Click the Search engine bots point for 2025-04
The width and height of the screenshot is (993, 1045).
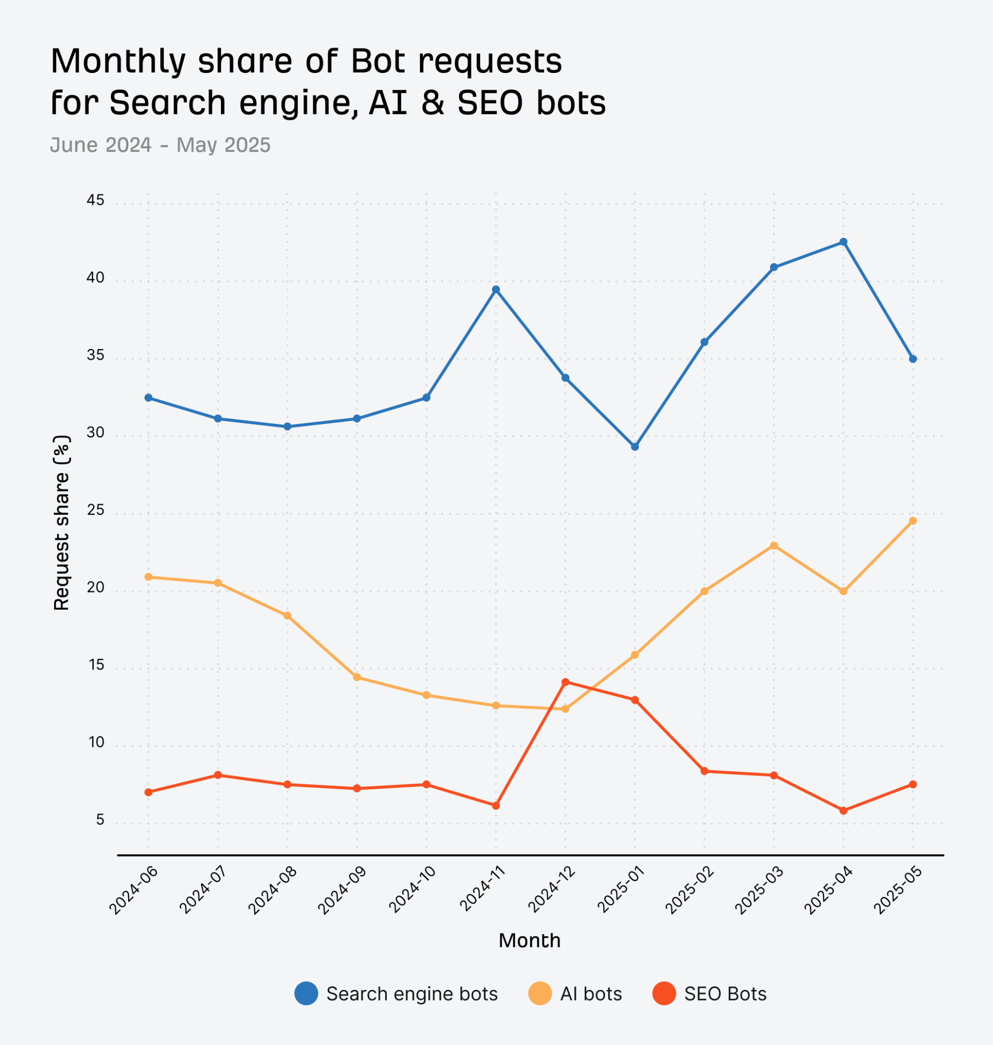pyautogui.click(x=843, y=242)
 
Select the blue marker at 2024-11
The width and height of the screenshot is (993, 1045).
pyautogui.click(x=495, y=290)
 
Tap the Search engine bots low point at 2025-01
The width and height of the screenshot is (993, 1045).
pyautogui.click(x=635, y=447)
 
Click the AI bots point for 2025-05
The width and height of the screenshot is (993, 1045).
pyautogui.click(x=912, y=521)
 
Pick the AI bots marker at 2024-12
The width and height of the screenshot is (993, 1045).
pyautogui.click(x=565, y=709)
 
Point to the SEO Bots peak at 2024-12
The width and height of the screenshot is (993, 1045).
pyautogui.click(x=565, y=682)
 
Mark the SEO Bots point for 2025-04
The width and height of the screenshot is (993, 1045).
pyautogui.click(x=843, y=810)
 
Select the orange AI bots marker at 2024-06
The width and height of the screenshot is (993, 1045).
pyautogui.click(x=148, y=577)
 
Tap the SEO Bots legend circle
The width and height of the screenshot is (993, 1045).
pyautogui.click(x=664, y=993)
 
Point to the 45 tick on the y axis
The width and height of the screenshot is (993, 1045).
pyautogui.click(x=96, y=200)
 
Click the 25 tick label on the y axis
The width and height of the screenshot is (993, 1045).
pyautogui.click(x=96, y=510)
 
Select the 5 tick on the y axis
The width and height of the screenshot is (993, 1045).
pyautogui.click(x=100, y=820)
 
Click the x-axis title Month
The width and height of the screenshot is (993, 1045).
pyautogui.click(x=529, y=940)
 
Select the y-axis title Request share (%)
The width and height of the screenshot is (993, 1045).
pyautogui.click(x=62, y=522)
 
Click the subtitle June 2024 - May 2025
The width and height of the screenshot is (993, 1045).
pyautogui.click(x=160, y=145)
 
